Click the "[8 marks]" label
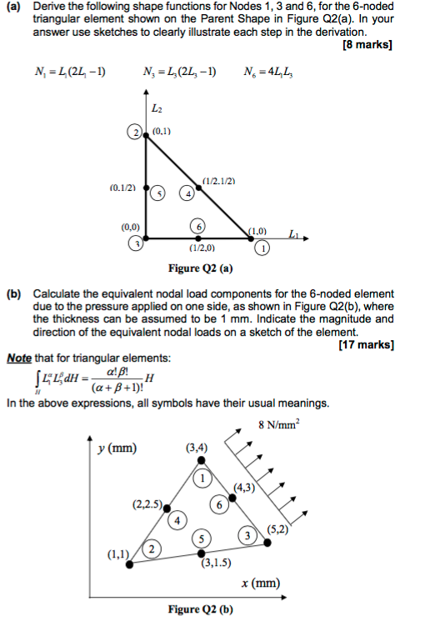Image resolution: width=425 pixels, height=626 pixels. coord(368,44)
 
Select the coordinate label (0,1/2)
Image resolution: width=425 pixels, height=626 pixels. coord(122,188)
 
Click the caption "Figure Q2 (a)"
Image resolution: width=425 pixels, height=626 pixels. coord(200,268)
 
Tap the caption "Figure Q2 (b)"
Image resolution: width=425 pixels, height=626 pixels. coord(200,609)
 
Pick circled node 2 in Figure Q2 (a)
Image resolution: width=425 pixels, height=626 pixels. coord(135,132)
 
